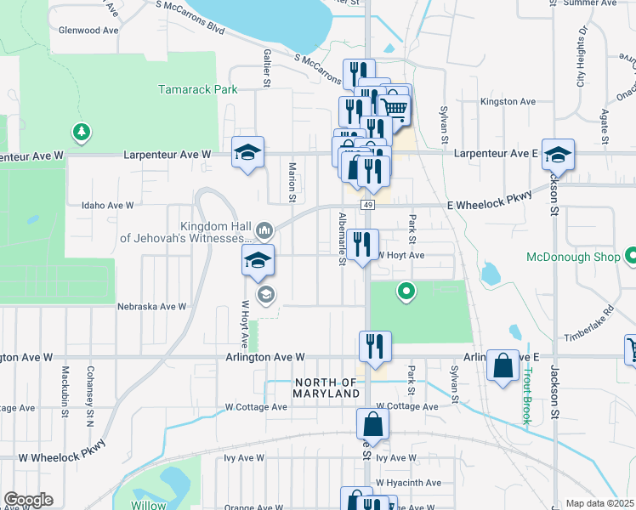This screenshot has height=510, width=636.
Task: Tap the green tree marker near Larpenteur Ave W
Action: click(x=81, y=132)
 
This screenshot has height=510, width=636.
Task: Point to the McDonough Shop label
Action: click(x=573, y=256)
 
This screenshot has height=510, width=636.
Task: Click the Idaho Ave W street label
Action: click(x=107, y=205)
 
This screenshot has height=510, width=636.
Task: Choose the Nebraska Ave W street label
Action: click(x=151, y=306)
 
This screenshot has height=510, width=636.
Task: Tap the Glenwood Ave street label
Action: click(x=88, y=31)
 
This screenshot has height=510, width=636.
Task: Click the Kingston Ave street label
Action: click(x=508, y=101)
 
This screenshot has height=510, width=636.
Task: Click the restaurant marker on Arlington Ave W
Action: click(x=374, y=346)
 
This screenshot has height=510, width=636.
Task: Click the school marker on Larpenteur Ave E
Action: click(x=558, y=154)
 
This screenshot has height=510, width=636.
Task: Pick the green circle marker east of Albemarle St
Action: click(x=407, y=292)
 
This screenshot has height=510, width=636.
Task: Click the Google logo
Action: click(x=28, y=500)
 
